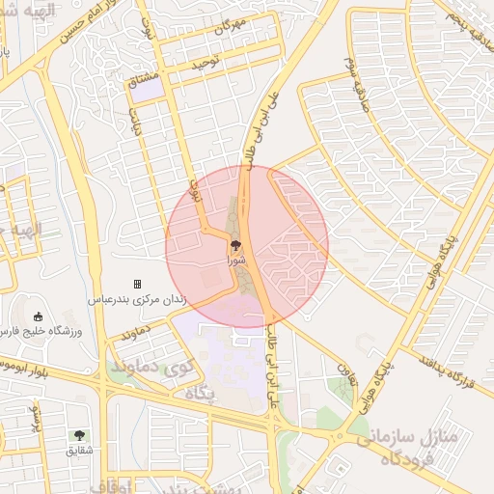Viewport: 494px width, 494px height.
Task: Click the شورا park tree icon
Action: pyautogui.click(x=236, y=246)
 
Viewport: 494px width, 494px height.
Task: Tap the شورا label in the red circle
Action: pyautogui.click(x=236, y=260)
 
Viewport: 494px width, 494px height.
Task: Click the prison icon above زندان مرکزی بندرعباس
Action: pyautogui.click(x=137, y=284)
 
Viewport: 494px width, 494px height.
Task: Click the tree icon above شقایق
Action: pyautogui.click(x=79, y=435)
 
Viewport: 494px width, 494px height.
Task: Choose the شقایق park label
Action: pyautogui.click(x=80, y=450)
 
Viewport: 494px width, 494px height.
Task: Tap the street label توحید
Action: pyautogui.click(x=205, y=63)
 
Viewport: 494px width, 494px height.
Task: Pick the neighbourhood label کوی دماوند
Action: pyautogui.click(x=148, y=368)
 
